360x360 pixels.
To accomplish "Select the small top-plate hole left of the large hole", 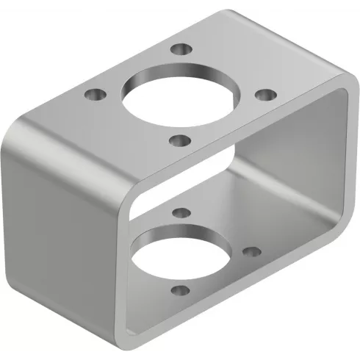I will coord(93,95).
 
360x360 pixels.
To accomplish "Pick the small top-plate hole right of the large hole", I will coord(265,95).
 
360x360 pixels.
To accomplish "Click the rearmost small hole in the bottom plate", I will coord(179,212).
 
